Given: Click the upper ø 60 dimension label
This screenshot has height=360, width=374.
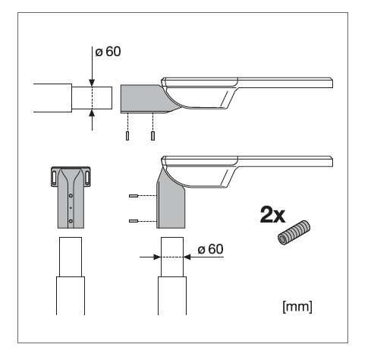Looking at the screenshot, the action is click(108, 52).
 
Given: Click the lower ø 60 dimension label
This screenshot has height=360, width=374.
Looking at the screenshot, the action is click(210, 249).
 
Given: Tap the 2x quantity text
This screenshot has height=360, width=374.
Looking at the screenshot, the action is click(272, 215).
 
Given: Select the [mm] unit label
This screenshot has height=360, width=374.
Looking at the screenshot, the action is click(297, 307).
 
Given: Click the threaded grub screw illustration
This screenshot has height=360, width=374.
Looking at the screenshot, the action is click(294, 232).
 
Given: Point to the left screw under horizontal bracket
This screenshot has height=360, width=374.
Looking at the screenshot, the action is click(127, 136).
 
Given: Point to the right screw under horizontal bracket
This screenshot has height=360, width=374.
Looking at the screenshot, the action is click(152, 136).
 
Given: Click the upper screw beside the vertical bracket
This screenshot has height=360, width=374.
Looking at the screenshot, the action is click(134, 196).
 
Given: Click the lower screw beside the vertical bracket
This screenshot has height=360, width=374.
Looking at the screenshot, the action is click(134, 221).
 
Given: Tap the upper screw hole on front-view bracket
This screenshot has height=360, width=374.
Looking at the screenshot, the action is click(71, 196).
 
